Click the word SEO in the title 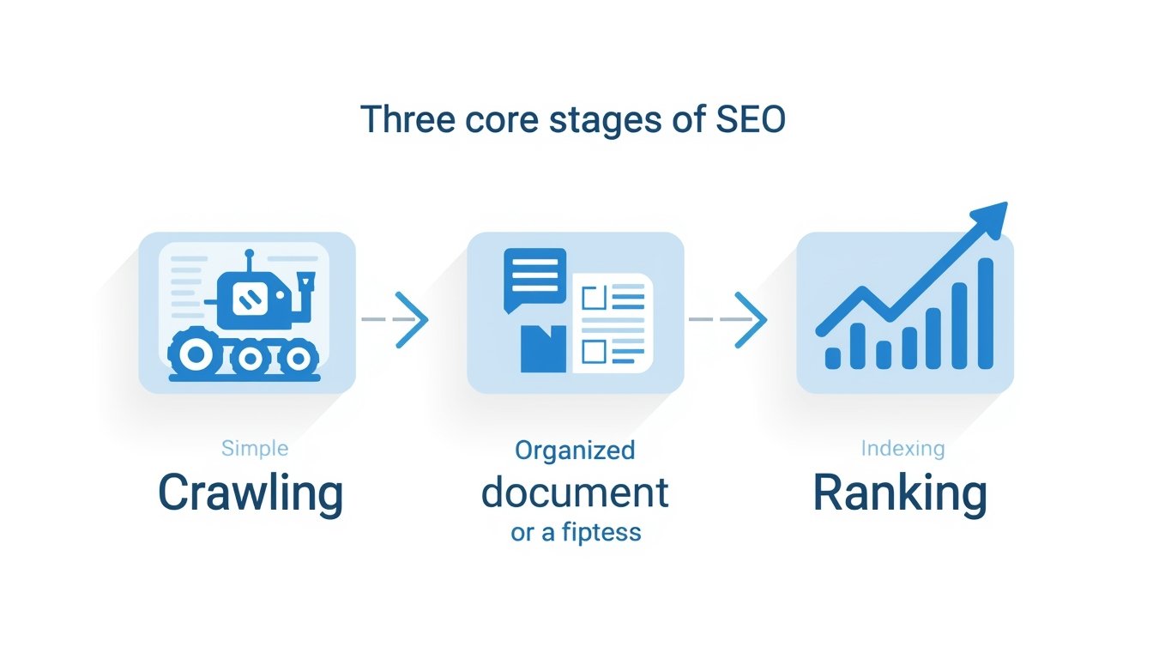(x=750, y=119)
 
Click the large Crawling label (x=251, y=494)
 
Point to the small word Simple (x=255, y=448)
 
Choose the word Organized (x=575, y=450)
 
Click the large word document (x=575, y=493)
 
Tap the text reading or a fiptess (x=576, y=533)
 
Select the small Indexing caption (x=903, y=448)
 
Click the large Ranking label (x=900, y=494)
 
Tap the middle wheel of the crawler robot (x=249, y=355)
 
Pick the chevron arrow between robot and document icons (x=411, y=319)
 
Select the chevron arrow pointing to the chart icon (x=750, y=319)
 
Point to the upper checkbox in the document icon (x=594, y=299)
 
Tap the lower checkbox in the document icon (x=594, y=350)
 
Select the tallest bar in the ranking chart (x=986, y=314)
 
